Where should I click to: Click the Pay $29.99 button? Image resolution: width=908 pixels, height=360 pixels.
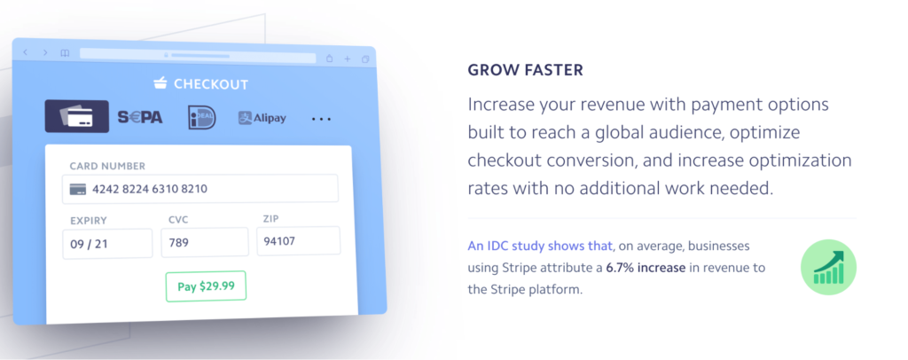[206, 286]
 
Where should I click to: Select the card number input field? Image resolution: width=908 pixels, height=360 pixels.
[200, 189]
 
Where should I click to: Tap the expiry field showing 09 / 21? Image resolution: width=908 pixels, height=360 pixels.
[107, 244]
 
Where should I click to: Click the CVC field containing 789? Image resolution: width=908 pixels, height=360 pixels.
[205, 242]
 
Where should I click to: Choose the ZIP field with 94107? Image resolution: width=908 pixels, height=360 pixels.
[299, 241]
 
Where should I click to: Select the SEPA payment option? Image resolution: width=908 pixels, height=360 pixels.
[140, 118]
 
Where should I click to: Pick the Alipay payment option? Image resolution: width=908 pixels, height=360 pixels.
[262, 118]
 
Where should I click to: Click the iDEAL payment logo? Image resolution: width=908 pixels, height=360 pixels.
[202, 118]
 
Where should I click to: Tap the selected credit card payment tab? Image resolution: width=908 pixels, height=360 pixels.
[77, 116]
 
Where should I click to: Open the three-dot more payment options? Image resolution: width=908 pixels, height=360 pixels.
[321, 119]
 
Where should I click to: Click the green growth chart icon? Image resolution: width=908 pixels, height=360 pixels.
[829, 268]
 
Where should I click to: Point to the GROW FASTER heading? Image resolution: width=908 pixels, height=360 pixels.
[525, 70]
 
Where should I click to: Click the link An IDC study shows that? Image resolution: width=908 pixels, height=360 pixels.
[541, 246]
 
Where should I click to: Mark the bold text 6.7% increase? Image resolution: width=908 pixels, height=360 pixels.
[646, 268]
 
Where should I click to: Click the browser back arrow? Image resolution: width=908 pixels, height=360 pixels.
[26, 52]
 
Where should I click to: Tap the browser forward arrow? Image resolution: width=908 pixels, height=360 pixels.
[45, 52]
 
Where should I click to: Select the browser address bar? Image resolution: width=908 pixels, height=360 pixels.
[198, 55]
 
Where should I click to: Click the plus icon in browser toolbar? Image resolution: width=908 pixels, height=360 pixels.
[348, 59]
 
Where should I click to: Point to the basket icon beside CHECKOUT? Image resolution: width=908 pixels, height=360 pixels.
[160, 84]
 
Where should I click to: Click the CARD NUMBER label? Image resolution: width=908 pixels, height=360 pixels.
[107, 166]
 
